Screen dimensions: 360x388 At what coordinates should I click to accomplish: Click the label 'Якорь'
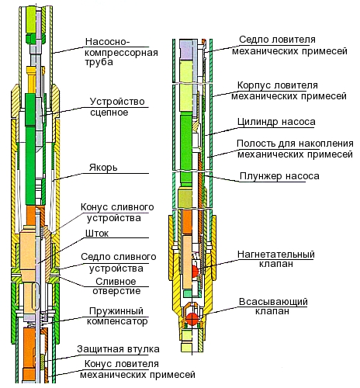(103, 168)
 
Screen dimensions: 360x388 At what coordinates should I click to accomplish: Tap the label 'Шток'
(97, 234)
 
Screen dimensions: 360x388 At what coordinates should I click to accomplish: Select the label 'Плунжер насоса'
(279, 176)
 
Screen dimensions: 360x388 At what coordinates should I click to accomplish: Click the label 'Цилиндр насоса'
(276, 122)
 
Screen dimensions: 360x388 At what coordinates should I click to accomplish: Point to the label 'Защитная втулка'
(118, 349)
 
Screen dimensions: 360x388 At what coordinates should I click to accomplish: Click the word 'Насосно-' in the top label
(107, 41)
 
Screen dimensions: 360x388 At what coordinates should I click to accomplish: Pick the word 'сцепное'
(109, 113)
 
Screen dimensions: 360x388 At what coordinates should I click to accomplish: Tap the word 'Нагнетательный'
(276, 255)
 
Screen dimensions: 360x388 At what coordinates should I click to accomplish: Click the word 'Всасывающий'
(273, 302)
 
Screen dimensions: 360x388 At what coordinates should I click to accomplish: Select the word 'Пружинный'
(116, 311)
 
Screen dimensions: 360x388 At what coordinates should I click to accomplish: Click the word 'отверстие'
(116, 291)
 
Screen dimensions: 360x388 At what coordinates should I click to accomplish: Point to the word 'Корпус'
(254, 85)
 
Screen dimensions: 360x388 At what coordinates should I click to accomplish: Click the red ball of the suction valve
(192, 319)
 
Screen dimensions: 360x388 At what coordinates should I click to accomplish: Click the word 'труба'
(99, 62)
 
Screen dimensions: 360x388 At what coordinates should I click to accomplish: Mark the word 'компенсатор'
(117, 321)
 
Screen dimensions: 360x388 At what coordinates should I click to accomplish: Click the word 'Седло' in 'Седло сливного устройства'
(95, 257)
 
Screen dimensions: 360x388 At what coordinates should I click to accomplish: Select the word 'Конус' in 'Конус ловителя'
(99, 364)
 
